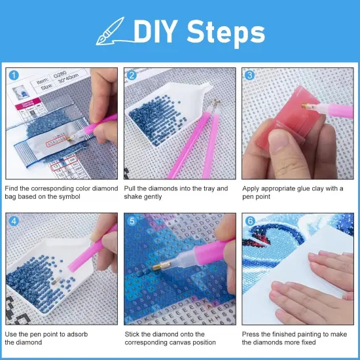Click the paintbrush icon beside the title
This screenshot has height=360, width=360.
(111, 31)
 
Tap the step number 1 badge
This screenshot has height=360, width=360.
(14, 75)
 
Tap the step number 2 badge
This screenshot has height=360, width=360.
(132, 75)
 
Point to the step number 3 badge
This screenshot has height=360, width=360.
(249, 75)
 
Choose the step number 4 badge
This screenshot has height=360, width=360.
(14, 219)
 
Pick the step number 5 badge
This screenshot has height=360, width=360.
(132, 219)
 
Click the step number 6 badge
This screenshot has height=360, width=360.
(249, 219)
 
